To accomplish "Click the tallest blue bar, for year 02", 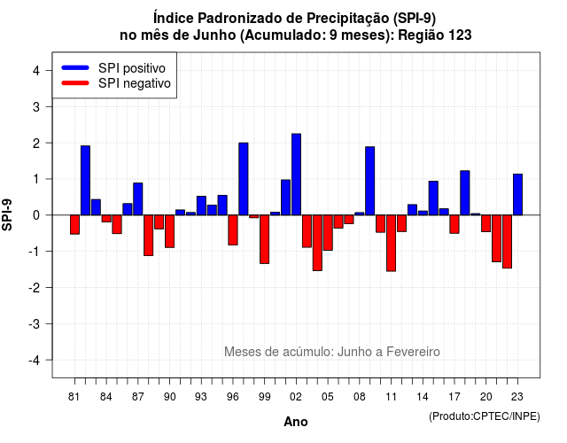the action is (296, 175).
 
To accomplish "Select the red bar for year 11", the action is (391, 243).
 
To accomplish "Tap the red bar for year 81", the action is (74, 224).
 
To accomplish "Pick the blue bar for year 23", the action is (517, 195).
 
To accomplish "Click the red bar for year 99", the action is (264, 239).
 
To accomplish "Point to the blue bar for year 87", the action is (138, 198).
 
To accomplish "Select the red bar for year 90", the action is (169, 231).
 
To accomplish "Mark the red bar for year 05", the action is (328, 232).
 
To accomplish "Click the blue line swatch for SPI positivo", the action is (75, 67).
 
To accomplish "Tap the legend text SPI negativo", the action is (134, 83).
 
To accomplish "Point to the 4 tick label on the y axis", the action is (36, 70).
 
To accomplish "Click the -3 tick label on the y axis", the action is (34, 323).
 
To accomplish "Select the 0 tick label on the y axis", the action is (36, 215).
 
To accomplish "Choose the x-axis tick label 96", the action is (233, 397).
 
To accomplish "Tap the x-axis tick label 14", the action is (423, 397).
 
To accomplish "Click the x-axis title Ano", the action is (296, 422).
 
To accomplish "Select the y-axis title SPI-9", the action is (7, 214).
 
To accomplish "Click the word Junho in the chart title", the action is (214, 35).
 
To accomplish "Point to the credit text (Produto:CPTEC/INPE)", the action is (485, 416).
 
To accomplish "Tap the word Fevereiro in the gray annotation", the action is (413, 352).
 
